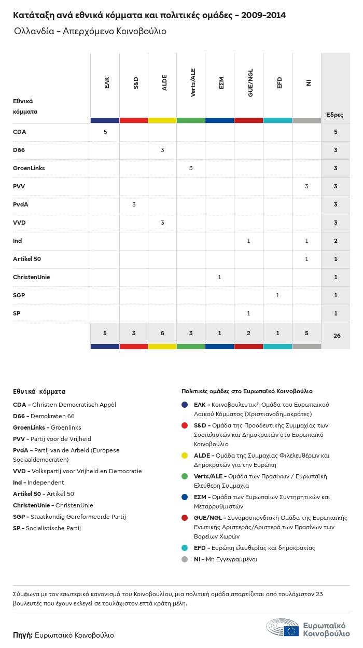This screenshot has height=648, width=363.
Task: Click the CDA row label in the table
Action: point(19,132)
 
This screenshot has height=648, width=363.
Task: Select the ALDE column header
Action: point(164,83)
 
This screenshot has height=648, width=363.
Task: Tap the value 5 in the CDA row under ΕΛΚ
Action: point(105,132)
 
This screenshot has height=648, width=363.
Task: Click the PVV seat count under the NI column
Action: point(306,186)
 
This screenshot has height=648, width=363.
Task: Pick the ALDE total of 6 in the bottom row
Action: point(162,333)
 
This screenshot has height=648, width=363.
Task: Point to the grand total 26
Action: point(337,336)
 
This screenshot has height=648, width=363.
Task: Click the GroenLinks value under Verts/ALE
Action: point(191,168)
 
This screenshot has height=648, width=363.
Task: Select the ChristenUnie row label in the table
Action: point(31,277)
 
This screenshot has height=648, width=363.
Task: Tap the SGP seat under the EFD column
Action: point(277,295)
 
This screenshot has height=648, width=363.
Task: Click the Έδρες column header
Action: point(334,115)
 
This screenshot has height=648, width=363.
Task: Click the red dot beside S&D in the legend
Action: point(185,425)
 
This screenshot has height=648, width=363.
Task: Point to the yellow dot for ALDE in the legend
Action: point(185,456)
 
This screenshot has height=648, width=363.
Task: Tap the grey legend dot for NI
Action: point(185,559)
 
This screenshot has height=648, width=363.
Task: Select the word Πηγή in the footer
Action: point(23,635)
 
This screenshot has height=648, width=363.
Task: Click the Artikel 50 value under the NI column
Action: point(306,259)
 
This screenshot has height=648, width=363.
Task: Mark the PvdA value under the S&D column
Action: point(134,204)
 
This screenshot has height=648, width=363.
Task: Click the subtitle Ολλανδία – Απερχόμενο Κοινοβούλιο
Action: point(90,31)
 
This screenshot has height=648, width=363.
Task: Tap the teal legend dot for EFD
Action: point(185,548)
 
